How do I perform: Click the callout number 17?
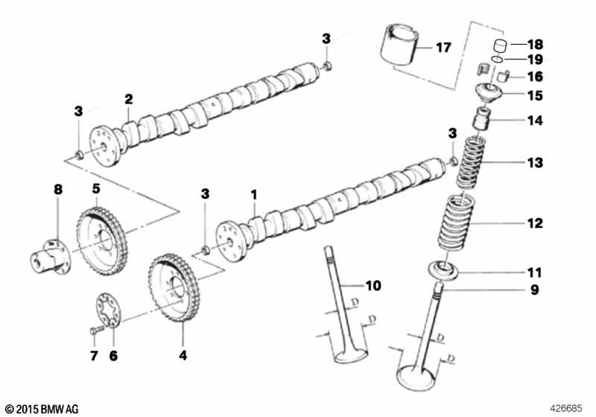coord(443,48)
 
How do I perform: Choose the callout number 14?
coord(535,119)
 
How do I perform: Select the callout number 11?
coord(535,273)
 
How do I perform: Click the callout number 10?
coord(372,284)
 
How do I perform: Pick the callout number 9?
coord(534,290)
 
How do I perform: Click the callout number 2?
coord(128,99)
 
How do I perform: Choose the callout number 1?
coord(253,195)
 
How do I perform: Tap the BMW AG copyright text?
coord(41,408)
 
